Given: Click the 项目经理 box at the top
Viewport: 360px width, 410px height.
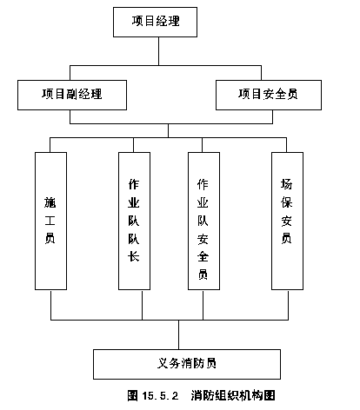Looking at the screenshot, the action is (155, 22).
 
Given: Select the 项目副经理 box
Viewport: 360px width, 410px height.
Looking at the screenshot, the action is (72, 95).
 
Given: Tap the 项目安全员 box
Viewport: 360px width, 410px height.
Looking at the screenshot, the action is (269, 95).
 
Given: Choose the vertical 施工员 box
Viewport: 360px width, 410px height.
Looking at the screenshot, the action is (50, 221).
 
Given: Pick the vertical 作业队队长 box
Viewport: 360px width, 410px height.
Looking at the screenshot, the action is (134, 221).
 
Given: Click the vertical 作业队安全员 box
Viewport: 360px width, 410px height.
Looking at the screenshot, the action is (203, 221).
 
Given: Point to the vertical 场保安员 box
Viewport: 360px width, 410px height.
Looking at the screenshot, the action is (287, 221).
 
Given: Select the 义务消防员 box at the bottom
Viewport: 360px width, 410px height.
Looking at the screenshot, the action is (187, 364).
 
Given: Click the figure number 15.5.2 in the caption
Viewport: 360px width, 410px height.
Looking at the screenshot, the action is (160, 395).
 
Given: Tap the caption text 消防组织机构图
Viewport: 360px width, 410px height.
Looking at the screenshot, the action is (233, 395).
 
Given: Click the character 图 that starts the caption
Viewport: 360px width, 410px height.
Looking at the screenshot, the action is (132, 395).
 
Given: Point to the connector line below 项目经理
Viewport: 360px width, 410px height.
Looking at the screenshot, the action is (158, 51).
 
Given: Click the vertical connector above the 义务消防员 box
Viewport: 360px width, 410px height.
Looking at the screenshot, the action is (178, 334).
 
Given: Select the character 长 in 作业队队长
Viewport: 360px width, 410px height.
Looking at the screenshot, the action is (134, 256).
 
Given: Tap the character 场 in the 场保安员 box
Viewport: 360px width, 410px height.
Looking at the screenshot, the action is (286, 184).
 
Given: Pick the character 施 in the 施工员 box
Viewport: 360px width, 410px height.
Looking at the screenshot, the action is (50, 202).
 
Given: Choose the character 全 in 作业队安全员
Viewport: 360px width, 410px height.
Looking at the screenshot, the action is (203, 256).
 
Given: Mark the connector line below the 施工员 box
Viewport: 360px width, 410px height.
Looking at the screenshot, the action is (50, 305).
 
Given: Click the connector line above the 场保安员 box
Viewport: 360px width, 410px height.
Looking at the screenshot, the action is (286, 145).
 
